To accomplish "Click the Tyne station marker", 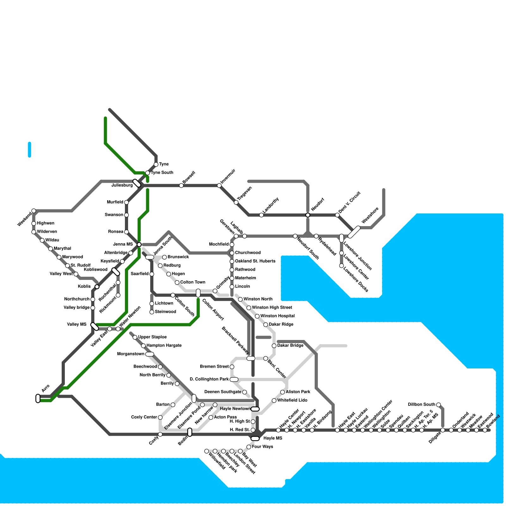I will click(x=156, y=164).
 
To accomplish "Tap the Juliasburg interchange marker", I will click(x=137, y=183).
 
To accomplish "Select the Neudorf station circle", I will click(x=308, y=215).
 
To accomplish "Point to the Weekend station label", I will click(x=24, y=219).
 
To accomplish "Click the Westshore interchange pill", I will click(x=354, y=232).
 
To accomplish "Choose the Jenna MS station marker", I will click(x=139, y=244).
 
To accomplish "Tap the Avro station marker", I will click(x=38, y=398).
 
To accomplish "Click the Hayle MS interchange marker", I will click(x=255, y=438).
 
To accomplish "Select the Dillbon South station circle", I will click(x=438, y=405).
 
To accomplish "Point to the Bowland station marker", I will click(x=485, y=430).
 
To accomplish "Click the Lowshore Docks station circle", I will click(x=342, y=266).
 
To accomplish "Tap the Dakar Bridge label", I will click(x=290, y=345).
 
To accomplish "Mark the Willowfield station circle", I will click(x=207, y=451).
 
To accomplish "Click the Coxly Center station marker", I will click(x=160, y=417).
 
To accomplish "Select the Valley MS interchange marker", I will click(x=95, y=326).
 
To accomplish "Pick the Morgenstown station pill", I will click(x=150, y=354).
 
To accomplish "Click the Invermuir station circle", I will click(x=219, y=185).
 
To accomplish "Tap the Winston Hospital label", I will click(x=277, y=316).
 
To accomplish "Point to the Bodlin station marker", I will click(x=190, y=432).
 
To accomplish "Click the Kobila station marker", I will click(x=97, y=287).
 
